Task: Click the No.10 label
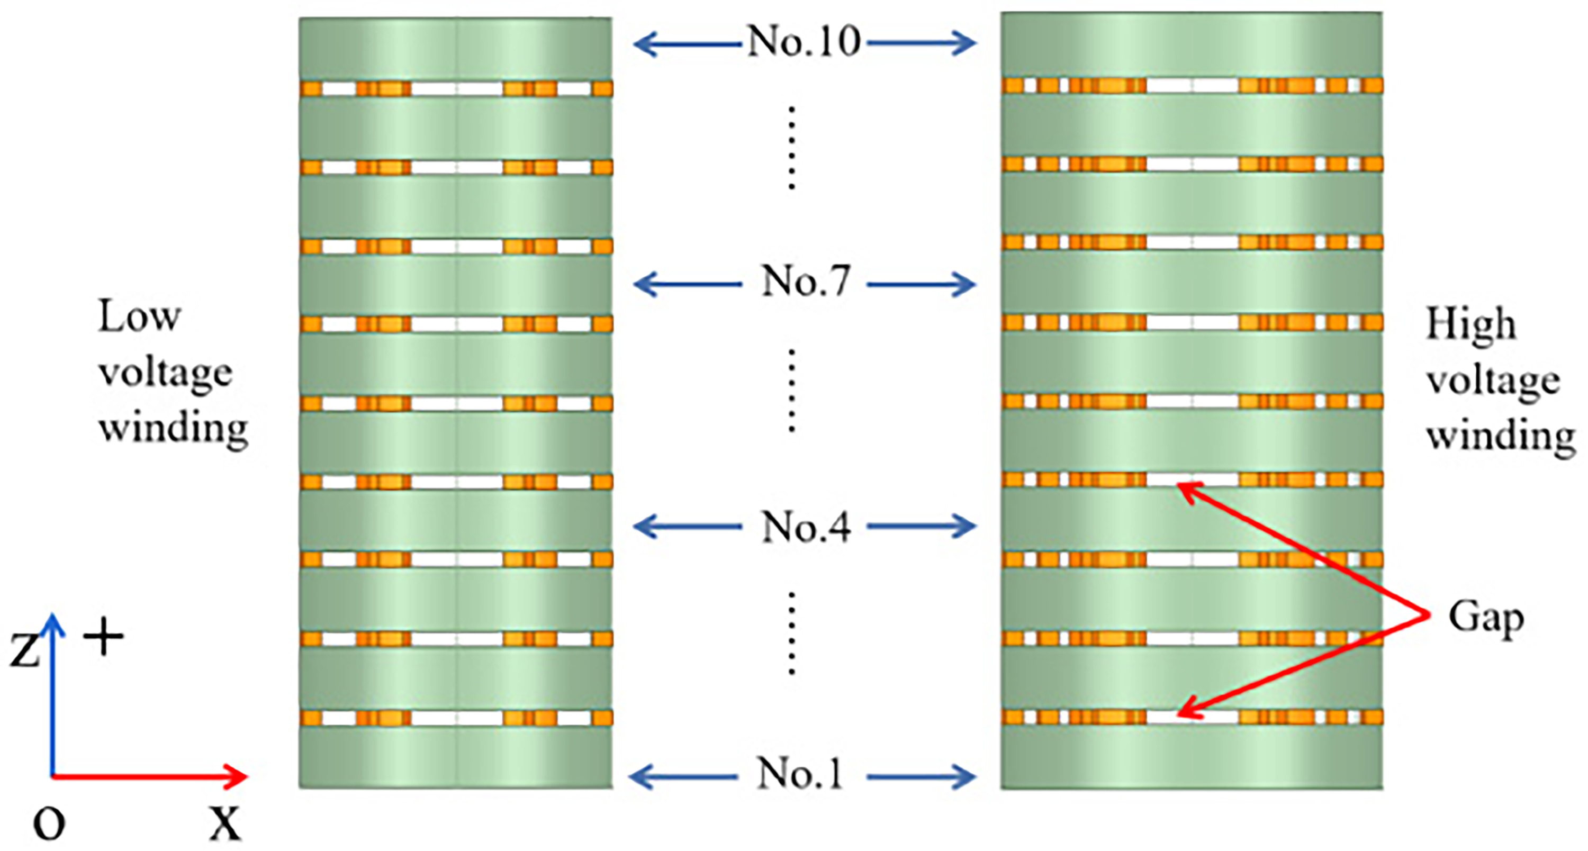804,42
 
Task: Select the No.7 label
806,282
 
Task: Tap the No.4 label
806,527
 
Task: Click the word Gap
1486,618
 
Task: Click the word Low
139,316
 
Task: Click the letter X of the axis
225,824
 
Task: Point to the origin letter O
49,824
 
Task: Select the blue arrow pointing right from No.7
922,285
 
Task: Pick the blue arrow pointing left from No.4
688,526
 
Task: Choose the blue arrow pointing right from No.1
922,776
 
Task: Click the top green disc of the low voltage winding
456,48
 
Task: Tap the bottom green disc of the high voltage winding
1192,758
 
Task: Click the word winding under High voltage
1501,436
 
